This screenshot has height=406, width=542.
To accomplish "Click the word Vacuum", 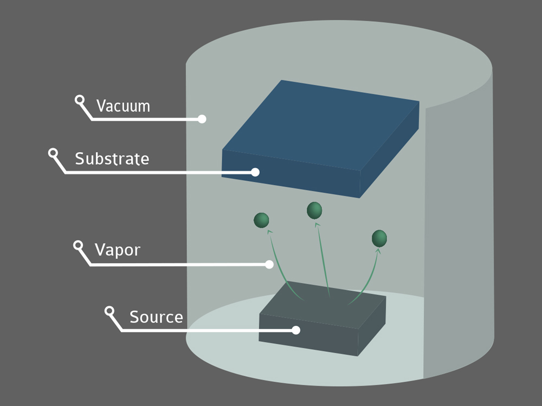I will tap(123, 106).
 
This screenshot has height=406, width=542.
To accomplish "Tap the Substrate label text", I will tap(112, 159).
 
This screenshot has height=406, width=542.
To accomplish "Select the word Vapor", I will tap(118, 250).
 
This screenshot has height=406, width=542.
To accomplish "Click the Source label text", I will tap(156, 317).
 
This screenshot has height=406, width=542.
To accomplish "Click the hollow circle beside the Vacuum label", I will tap(80, 100).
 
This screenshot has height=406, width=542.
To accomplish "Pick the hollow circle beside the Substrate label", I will tap(53, 153).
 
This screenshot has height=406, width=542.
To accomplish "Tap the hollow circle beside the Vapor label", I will tap(79, 245).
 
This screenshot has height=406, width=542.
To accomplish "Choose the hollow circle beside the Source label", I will tap(109, 311).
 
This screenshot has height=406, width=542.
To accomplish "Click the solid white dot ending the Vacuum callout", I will tap(202, 119).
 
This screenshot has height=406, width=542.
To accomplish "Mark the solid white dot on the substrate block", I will tap(255, 172).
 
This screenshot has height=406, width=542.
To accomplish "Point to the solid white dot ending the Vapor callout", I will tap(269, 264).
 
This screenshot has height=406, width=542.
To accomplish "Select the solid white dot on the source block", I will tap(296, 330).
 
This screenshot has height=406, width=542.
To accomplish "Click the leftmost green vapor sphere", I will tap(261, 220).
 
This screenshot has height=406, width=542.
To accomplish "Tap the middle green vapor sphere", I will tap(314, 210).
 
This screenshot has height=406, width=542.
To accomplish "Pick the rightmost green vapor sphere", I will tap(379, 238).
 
